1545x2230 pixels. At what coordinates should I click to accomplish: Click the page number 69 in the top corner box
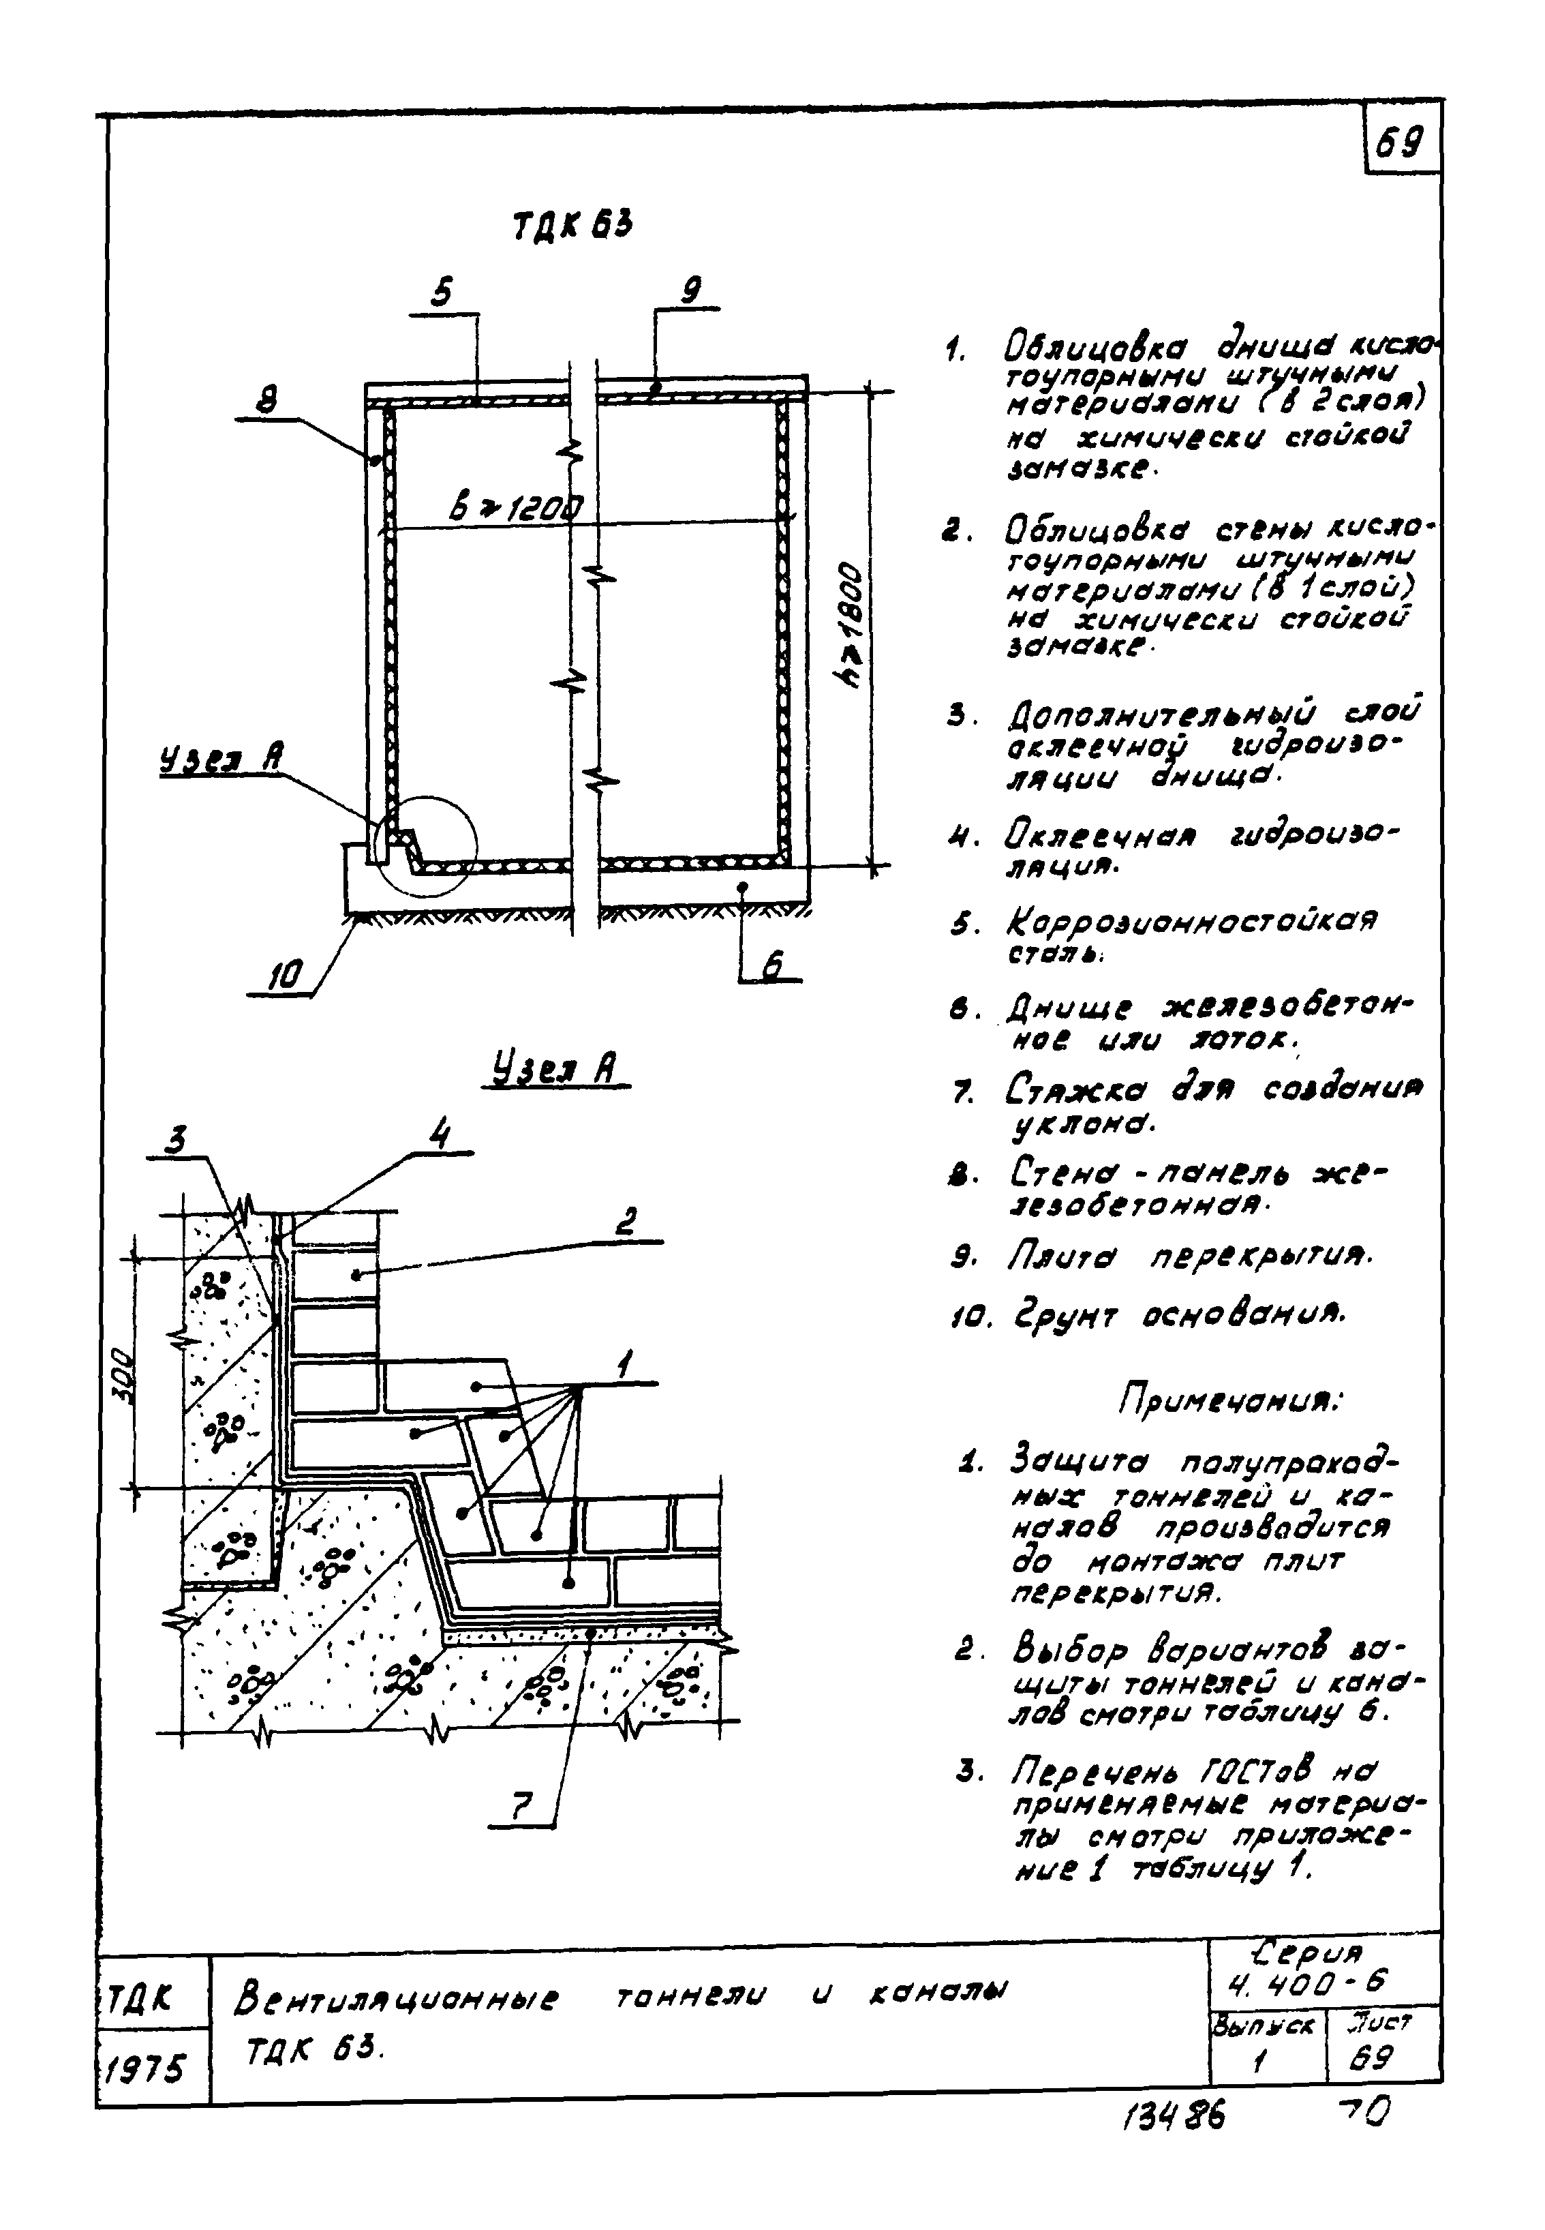(x=1400, y=145)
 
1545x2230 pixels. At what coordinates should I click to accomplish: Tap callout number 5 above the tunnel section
(x=442, y=293)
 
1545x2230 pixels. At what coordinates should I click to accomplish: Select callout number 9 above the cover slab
(x=690, y=290)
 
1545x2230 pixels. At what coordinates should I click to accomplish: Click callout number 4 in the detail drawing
(x=440, y=1134)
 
